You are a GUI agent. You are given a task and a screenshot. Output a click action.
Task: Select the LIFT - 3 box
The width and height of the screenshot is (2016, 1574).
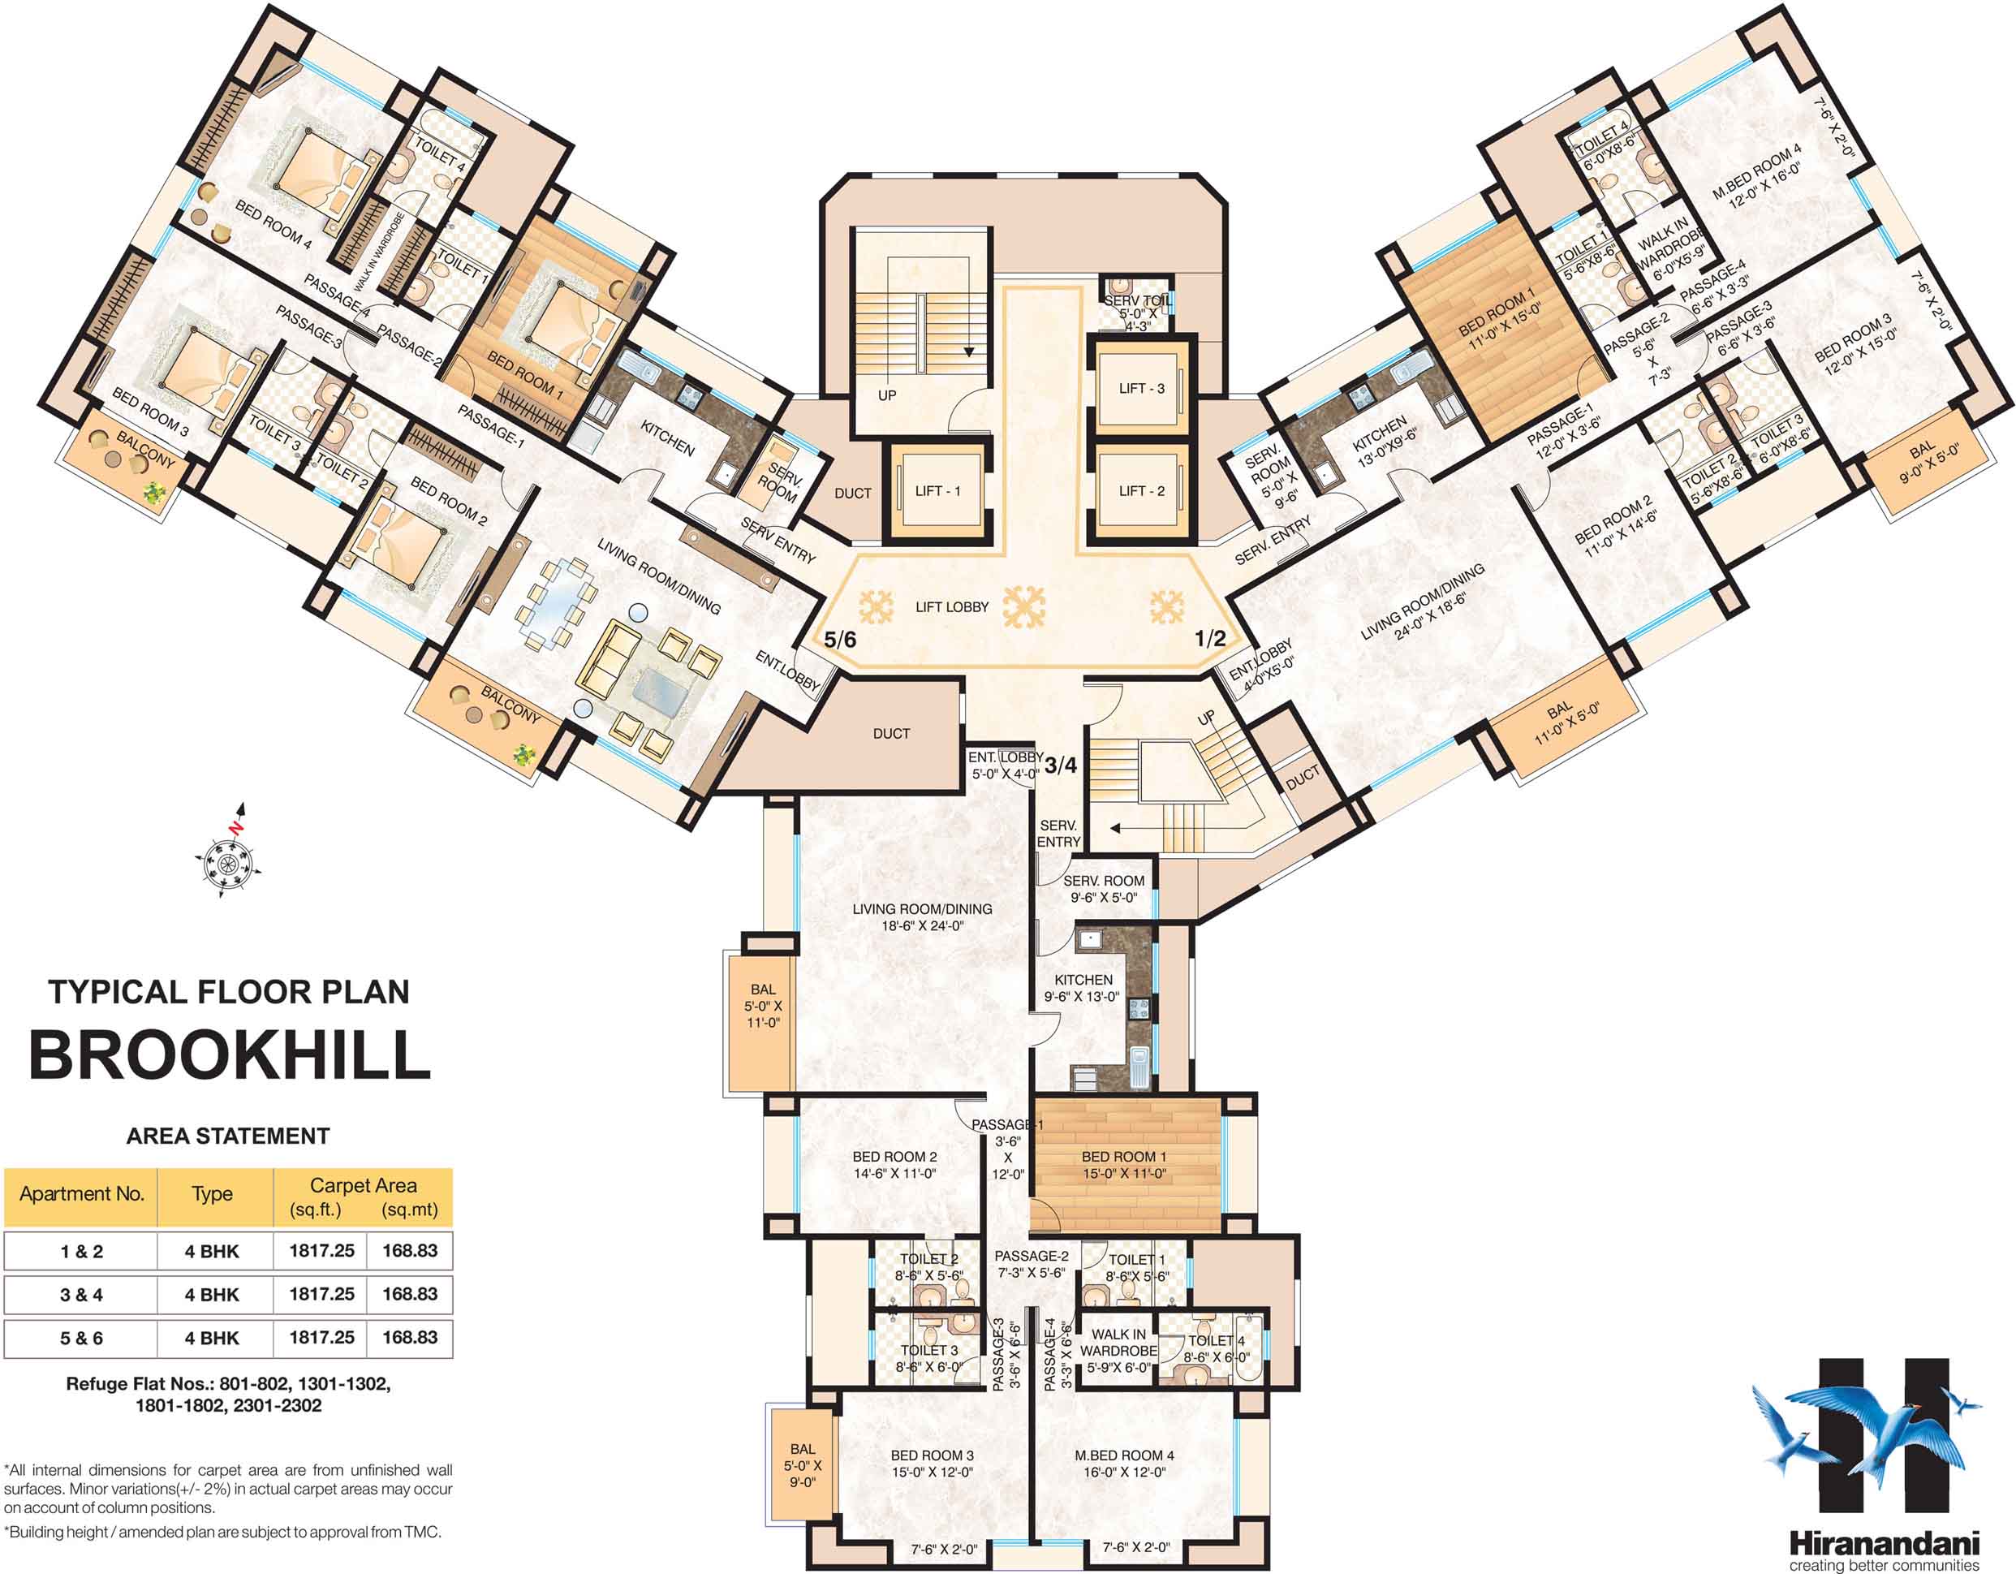point(1141,389)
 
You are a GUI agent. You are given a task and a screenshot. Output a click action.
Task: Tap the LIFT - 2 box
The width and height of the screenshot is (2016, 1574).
point(1141,491)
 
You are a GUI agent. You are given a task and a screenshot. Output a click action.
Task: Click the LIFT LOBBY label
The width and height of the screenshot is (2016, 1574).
point(952,607)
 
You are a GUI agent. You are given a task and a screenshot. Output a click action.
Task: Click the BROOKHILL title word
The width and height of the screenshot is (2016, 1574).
point(230,1054)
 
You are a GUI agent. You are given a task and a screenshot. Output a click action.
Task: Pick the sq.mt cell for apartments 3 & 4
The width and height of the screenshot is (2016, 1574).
point(410,1294)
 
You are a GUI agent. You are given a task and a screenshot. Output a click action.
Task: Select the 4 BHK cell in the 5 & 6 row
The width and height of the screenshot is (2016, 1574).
point(213,1338)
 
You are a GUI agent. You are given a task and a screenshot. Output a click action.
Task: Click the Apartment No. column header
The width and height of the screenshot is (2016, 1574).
point(81,1193)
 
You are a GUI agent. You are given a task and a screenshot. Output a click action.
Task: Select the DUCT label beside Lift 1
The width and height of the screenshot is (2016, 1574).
point(852,494)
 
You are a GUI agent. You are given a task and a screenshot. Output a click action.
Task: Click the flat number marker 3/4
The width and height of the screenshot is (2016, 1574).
point(1061,765)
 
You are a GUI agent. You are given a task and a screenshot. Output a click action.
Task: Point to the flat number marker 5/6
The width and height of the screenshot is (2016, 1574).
point(840,639)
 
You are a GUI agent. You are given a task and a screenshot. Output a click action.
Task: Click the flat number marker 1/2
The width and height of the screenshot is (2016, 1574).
point(1210,638)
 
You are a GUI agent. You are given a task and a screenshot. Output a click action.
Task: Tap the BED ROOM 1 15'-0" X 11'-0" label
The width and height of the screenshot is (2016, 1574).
point(1123,1165)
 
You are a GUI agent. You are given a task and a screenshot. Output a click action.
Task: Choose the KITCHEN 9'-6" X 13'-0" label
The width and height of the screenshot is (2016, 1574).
point(1082,988)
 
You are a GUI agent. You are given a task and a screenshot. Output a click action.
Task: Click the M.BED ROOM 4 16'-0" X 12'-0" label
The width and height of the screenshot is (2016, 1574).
point(1123,1464)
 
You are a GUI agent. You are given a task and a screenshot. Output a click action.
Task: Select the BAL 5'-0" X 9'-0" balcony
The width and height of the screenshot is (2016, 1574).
point(801,1465)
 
